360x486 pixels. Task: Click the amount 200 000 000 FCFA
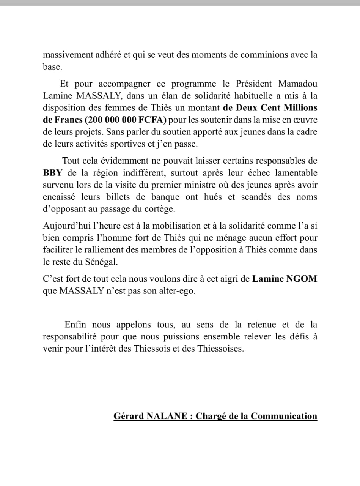click(126, 120)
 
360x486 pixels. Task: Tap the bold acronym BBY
click(52, 173)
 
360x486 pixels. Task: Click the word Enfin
click(75, 325)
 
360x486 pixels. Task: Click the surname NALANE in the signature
click(167, 416)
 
